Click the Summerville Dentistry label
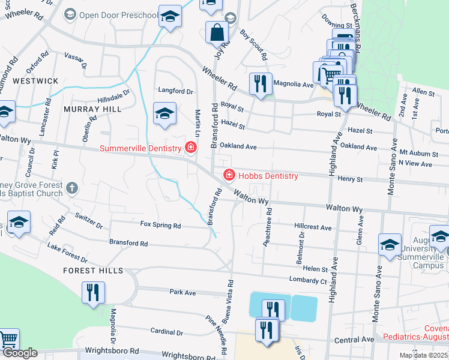click(140, 148)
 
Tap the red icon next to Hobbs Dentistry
click(229, 175)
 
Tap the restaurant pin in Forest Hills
click(92, 293)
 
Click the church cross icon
click(71, 188)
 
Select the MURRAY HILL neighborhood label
click(92, 109)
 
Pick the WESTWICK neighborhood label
click(35, 80)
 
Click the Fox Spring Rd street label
click(160, 226)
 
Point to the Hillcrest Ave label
click(313, 228)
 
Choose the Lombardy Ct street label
click(307, 280)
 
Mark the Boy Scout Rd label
click(253, 46)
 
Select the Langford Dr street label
click(175, 92)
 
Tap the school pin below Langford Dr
click(164, 115)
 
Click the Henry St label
click(351, 179)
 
